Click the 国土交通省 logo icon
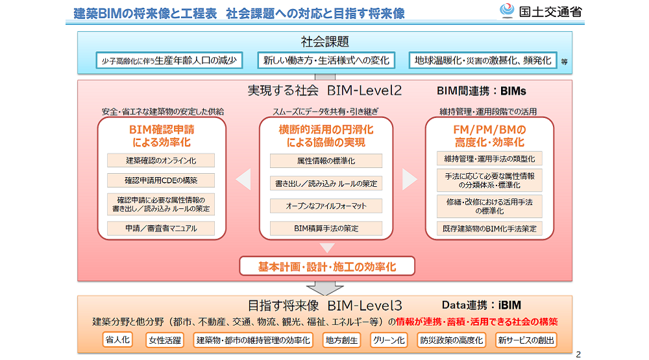pos(507,10)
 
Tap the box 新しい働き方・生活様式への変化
pos(326,60)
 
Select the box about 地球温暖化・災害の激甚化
pos(483,60)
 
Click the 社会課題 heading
pos(325,42)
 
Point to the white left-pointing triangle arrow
pos(243,179)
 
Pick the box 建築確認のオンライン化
pos(161,161)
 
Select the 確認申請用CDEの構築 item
pos(161,180)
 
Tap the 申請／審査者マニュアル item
pos(161,228)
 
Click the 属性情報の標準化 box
pos(326,161)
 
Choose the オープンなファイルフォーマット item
pos(326,206)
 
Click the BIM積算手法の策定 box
pos(326,228)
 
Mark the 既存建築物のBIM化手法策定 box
pos(489,228)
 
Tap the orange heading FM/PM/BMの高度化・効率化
pos(489,136)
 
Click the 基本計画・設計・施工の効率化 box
pos(327,266)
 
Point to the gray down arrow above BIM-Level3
pos(325,289)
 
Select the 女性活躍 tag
pos(165,340)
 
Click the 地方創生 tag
pos(341,340)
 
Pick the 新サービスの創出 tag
pos(526,340)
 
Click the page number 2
pos(578,354)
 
